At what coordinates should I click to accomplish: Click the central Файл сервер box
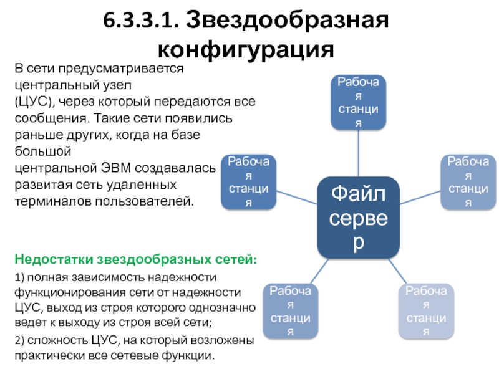(x=358, y=216)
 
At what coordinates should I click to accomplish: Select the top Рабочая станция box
(x=358, y=102)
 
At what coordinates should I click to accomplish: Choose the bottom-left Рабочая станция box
(x=291, y=310)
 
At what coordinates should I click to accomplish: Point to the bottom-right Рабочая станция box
(x=425, y=310)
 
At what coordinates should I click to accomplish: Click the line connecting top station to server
(x=358, y=153)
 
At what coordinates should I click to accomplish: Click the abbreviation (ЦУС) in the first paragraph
(x=35, y=101)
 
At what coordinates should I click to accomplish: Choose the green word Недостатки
(x=52, y=258)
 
